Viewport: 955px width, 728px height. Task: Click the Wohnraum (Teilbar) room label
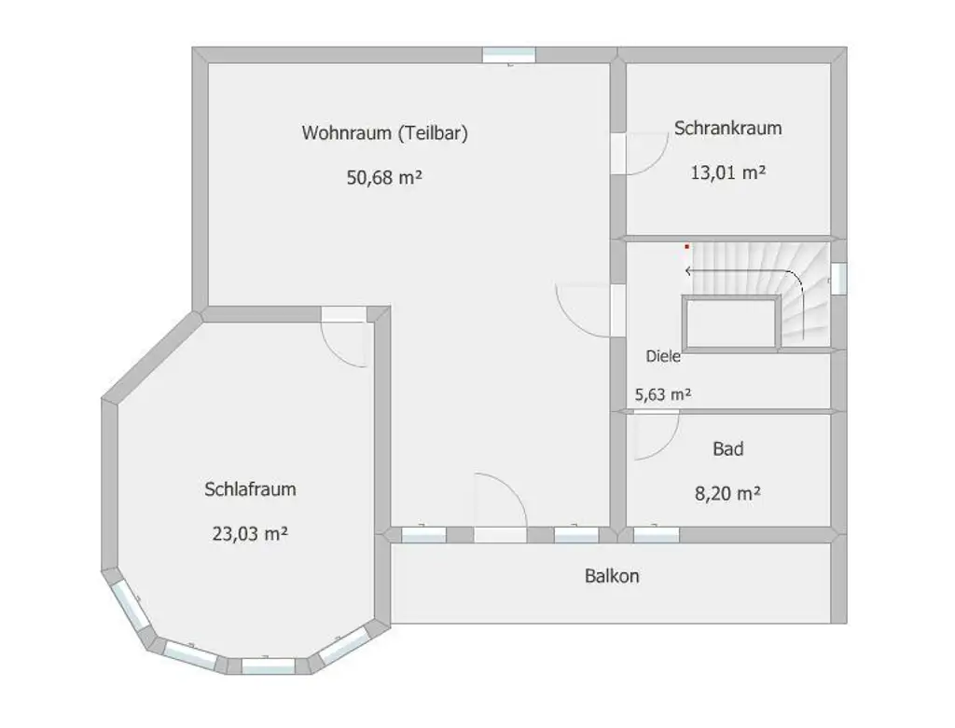click(x=384, y=133)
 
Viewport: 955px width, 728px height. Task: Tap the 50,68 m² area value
click(x=384, y=178)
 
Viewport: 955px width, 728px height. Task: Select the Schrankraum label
click(x=727, y=129)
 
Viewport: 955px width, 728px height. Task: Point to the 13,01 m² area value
click(x=727, y=172)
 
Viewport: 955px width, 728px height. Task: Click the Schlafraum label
click(x=250, y=489)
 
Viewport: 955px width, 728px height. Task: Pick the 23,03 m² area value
click(x=250, y=534)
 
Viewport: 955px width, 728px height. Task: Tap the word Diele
click(x=663, y=356)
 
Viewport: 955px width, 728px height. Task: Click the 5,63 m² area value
click(x=663, y=394)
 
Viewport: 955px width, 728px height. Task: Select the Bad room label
click(x=727, y=449)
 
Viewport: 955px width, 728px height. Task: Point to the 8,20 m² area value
click(x=727, y=494)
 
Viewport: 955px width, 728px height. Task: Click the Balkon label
click(x=612, y=576)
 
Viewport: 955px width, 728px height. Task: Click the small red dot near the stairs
click(x=687, y=247)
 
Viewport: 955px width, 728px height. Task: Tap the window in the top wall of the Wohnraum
click(x=508, y=55)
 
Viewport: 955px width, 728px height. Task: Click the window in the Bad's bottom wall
click(x=656, y=535)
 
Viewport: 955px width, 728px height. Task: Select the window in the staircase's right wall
click(x=838, y=279)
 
